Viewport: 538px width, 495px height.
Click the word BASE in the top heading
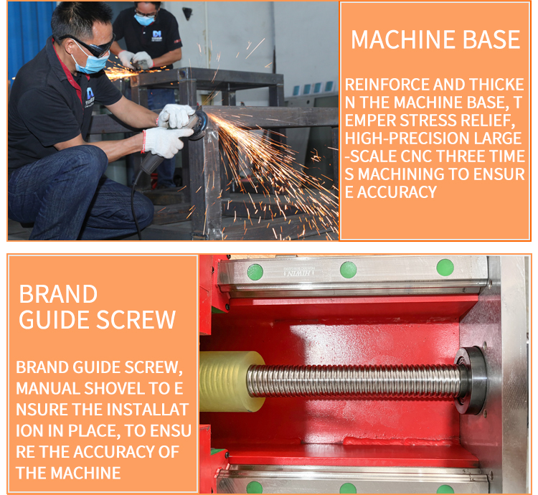[x=491, y=39]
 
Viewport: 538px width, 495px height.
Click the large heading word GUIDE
[x=55, y=320]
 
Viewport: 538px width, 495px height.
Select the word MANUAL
[x=48, y=388]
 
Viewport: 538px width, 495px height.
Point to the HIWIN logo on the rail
[x=298, y=273]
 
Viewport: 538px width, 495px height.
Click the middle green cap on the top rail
[x=348, y=270]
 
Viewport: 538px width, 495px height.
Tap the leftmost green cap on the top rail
[x=255, y=272]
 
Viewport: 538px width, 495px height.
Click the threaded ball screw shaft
[x=354, y=382]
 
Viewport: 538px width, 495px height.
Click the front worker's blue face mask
[x=90, y=61]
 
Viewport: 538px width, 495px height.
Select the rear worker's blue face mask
[x=144, y=19]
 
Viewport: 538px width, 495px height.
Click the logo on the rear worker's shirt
[x=156, y=36]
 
